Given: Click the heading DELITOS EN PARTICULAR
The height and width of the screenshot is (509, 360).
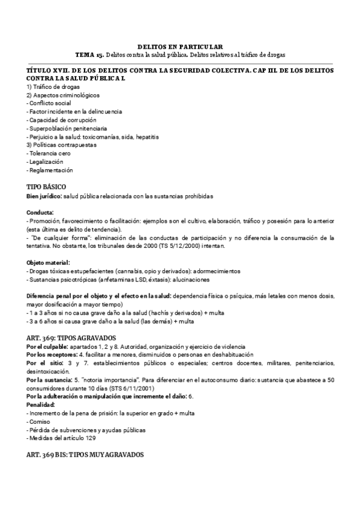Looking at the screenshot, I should click(180, 46).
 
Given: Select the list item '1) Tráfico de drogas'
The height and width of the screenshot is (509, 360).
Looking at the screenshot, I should click(53, 87).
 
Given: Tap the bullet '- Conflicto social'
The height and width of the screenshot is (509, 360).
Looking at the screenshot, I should click(49, 103).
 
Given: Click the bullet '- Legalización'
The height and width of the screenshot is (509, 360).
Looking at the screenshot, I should click(45, 162).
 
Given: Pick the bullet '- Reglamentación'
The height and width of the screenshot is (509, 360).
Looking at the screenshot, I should click(49, 170).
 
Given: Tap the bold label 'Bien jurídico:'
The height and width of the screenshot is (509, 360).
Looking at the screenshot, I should click(44, 196).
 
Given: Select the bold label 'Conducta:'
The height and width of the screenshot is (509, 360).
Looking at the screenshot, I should click(40, 212).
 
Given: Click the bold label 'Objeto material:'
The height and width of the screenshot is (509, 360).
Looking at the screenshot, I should click(49, 263).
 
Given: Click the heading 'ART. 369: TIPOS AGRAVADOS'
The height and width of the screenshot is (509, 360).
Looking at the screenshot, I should click(75, 339).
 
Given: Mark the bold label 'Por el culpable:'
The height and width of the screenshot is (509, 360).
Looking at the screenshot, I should click(47, 347).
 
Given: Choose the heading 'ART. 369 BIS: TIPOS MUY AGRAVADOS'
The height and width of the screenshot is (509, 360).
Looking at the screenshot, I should click(85, 456).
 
